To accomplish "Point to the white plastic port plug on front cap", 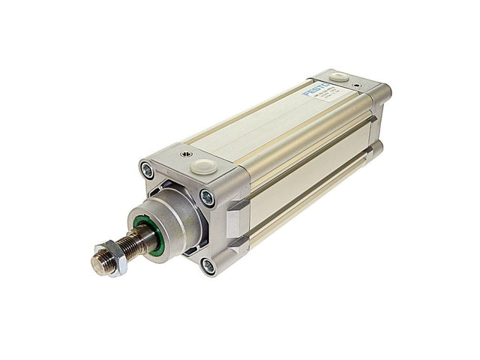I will point(202,166).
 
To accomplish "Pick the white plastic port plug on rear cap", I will point(338,76).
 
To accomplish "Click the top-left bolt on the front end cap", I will point(148,170).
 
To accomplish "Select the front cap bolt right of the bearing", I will point(207,197).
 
